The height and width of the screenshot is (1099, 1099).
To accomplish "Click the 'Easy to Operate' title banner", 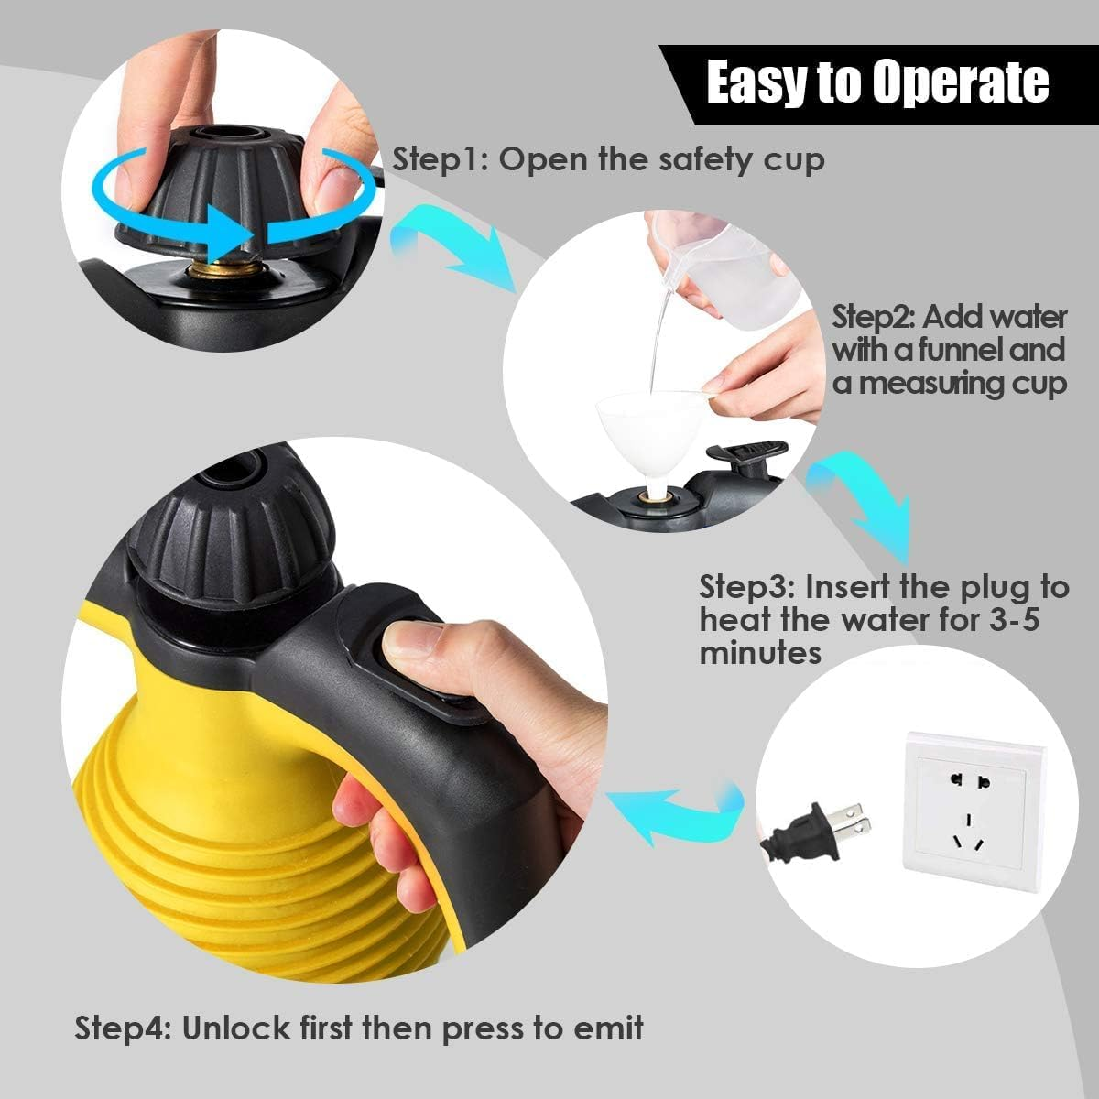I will tap(876, 82).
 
